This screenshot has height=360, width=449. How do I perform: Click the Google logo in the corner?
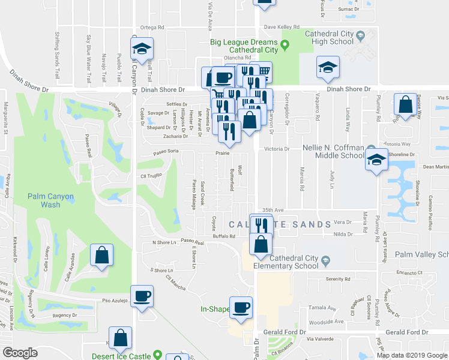coord(20,353)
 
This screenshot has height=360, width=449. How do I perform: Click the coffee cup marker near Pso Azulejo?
coord(142,296)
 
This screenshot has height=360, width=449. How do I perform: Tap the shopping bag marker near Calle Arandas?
coord(101,254)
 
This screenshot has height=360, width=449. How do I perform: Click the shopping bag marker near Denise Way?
coord(406,104)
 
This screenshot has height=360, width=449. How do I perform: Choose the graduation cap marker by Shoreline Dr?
coord(376,160)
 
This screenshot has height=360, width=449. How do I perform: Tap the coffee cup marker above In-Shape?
coord(241,307)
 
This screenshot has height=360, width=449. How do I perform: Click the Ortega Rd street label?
coord(152,27)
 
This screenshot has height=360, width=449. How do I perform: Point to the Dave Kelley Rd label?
coord(282,27)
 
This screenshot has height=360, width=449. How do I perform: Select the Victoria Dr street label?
coord(277,149)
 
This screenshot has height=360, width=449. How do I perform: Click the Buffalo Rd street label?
coord(224,236)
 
